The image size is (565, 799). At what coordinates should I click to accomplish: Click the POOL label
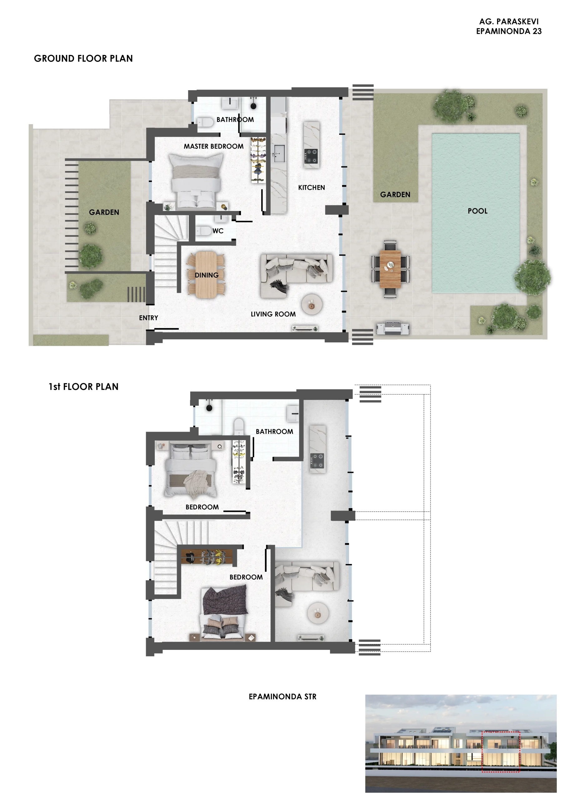coord(477,211)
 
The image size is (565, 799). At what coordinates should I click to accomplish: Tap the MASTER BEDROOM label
coord(214,146)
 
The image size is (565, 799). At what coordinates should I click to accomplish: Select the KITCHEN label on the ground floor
coord(311,188)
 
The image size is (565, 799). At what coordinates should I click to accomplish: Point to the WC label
coord(218,231)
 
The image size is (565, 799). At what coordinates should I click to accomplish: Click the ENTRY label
coord(148,318)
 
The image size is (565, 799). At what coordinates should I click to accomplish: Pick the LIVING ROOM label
coord(273,314)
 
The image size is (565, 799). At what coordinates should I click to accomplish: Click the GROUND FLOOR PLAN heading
coord(83,58)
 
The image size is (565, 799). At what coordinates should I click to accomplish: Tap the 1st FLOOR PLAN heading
coord(84,387)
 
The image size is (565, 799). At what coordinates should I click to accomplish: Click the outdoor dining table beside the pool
coord(390,269)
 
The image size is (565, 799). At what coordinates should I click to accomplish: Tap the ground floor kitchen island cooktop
coord(311,156)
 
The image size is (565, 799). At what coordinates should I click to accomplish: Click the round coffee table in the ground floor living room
coord(312,305)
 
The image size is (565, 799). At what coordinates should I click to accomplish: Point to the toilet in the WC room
coord(204,231)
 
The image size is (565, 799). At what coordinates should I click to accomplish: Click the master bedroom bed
coord(196,182)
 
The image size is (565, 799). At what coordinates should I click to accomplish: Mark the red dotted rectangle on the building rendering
coord(501,752)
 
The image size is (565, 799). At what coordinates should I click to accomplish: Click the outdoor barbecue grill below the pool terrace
coord(393,328)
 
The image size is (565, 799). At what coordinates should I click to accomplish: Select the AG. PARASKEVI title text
coord(508,22)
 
